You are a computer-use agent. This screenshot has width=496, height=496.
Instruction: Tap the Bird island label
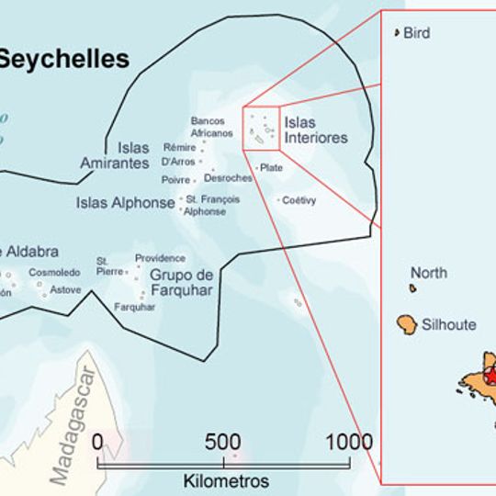click(x=417, y=33)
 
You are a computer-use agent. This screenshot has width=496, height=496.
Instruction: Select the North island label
click(x=429, y=273)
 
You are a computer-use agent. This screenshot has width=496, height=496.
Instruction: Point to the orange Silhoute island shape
click(x=408, y=324)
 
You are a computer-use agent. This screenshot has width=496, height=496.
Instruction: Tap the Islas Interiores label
click(x=316, y=130)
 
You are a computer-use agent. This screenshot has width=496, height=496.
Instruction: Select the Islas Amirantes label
click(x=115, y=155)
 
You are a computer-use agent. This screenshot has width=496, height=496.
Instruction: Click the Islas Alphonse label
click(x=125, y=203)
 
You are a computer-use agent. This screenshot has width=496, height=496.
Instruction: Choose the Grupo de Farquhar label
click(x=181, y=283)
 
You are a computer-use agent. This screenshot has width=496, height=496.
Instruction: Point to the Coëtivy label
click(x=299, y=199)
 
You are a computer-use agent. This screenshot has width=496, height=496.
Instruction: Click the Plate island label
click(x=271, y=168)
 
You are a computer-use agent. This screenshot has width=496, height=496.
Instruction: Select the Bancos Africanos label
click(x=212, y=127)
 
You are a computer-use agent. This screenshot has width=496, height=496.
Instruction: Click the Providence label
click(x=160, y=258)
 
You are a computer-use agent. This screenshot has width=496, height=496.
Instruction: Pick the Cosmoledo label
click(x=54, y=273)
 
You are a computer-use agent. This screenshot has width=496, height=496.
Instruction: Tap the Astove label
click(x=65, y=290)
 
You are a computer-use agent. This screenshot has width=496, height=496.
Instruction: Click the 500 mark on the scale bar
click(x=223, y=441)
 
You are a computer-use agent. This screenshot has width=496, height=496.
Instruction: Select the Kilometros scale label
click(x=226, y=480)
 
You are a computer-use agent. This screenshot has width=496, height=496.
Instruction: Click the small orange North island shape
click(x=414, y=288)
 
